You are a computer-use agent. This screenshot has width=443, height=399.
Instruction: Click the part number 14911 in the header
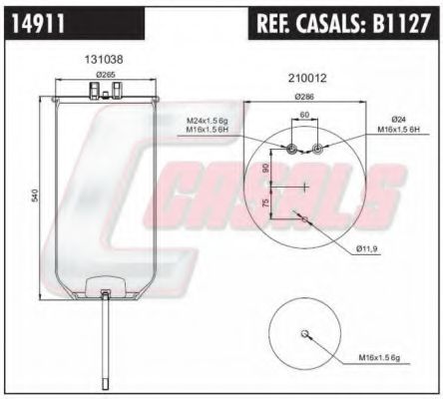click(x=37, y=22)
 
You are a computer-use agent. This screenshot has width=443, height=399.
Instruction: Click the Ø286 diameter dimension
click(x=304, y=96)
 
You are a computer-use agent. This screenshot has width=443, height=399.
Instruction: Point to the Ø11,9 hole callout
click(x=368, y=247)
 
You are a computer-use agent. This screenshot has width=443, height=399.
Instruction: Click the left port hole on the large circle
click(x=290, y=150)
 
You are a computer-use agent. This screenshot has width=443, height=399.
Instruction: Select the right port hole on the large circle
click(x=317, y=150)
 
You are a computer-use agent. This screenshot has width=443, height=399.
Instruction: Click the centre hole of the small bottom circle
click(x=307, y=334)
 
